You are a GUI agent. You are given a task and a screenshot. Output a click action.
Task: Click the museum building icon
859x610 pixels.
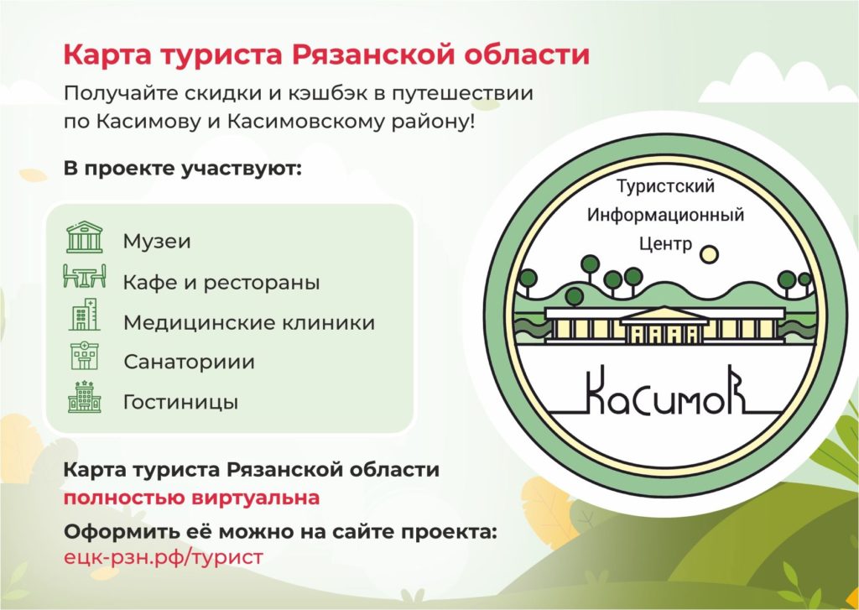click(85, 237)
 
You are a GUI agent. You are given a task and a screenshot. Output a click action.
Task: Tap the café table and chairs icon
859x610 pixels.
click(85, 276)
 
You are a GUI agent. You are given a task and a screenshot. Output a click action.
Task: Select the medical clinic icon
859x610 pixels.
click(85, 315)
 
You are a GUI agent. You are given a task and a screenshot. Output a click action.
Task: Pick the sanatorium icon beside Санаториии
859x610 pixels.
click(85, 357)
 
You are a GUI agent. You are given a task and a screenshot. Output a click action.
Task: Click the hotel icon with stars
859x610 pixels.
click(85, 396)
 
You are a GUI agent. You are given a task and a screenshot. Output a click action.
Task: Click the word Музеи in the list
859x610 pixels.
click(157, 241)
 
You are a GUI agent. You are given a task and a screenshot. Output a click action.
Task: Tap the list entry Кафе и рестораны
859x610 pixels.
click(221, 282)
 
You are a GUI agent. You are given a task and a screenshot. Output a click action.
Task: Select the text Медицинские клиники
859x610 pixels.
click(249, 322)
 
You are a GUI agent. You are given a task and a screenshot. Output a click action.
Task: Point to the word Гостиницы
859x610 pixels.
click(181, 402)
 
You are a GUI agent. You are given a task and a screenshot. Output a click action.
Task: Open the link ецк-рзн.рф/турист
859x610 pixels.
click(164, 557)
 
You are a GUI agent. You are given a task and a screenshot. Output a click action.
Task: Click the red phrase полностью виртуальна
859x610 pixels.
click(191, 498)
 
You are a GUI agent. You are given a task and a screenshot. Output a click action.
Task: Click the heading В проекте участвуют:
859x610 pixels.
click(183, 169)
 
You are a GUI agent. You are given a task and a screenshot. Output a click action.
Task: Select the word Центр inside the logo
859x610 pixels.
click(665, 243)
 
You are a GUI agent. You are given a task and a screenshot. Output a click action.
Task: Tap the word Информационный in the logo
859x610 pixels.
click(665, 215)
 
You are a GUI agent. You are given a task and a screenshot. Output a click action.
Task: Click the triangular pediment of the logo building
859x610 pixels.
click(664, 315)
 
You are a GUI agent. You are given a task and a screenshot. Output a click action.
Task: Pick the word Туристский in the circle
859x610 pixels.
click(665, 186)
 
